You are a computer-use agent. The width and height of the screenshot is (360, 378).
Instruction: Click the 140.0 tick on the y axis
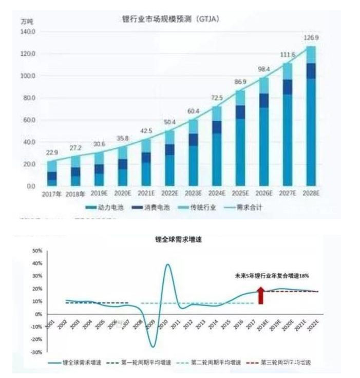pos(28,32)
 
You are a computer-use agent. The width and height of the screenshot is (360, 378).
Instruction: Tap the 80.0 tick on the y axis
pos(28,98)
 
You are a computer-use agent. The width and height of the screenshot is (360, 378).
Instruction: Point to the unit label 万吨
pos(27,21)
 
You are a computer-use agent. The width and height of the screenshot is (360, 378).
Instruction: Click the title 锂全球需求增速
pos(175,239)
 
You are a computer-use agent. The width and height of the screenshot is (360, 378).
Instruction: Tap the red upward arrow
pos(261,295)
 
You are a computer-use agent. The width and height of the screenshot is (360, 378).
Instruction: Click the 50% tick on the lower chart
pos(36,251)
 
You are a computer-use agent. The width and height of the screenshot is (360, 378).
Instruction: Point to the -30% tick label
pos(36,352)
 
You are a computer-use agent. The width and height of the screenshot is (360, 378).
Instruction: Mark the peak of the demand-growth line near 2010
pos(168,264)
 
